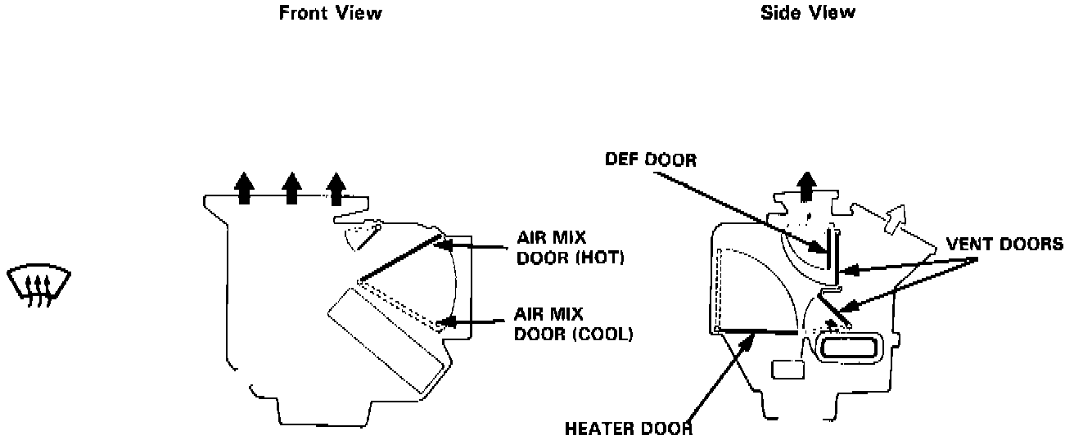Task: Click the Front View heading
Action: click(x=330, y=13)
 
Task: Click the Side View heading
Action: click(x=807, y=12)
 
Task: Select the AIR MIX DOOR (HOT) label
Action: click(x=570, y=248)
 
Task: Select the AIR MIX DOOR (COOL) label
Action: click(x=573, y=324)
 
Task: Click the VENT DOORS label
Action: click(x=1004, y=244)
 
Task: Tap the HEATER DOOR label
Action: click(x=629, y=428)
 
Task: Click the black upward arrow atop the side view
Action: click(x=807, y=186)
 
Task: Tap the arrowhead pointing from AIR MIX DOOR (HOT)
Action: click(x=444, y=242)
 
